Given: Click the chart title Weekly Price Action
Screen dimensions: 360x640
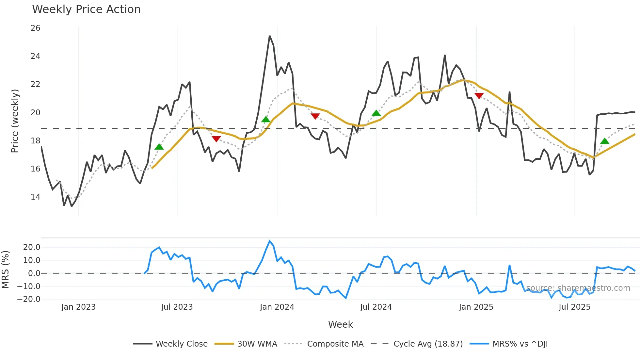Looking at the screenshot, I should coord(86,9).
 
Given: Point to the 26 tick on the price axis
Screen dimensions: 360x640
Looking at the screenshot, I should coord(35,28).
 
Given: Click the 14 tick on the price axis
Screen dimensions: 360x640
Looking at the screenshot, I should coord(35,197).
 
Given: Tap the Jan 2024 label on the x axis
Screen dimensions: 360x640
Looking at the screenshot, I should coord(277,307).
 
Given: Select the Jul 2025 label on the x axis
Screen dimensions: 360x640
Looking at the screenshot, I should coord(574,307).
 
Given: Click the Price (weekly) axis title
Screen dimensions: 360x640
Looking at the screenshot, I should coord(15,121).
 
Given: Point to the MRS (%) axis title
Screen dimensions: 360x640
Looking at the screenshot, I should coord(6,270).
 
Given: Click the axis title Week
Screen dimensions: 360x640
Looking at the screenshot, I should coord(340,324).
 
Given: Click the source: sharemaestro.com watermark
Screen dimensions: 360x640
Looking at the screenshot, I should coord(578,288).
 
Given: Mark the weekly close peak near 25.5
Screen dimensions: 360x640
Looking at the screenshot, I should coord(270,36).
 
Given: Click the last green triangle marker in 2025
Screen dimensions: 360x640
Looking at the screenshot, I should coord(605,141).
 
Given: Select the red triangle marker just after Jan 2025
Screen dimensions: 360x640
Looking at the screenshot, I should coord(479,96).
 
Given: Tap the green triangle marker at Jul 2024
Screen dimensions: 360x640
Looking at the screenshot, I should coord(376,113).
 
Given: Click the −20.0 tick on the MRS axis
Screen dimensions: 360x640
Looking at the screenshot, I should coord(29,299).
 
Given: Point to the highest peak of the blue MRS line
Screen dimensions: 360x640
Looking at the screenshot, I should coord(270,241).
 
